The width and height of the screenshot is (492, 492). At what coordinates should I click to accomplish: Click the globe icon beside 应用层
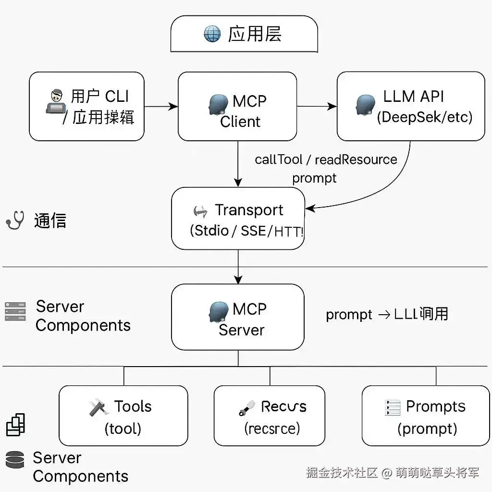212,35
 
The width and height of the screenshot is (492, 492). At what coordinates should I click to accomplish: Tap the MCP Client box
237,107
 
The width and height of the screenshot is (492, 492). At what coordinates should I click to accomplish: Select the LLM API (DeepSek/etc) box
410,106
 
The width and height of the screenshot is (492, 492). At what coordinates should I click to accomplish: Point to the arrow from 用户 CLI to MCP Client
161,106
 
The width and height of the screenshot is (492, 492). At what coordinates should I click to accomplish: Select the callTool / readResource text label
326,160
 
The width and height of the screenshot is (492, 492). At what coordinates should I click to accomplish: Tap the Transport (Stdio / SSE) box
238,219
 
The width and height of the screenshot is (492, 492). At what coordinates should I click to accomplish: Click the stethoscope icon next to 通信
15,221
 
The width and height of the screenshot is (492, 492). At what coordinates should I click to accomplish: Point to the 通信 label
50,221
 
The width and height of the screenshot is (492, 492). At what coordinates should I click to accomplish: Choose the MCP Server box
238,317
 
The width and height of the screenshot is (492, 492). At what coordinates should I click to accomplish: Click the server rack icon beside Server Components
15,311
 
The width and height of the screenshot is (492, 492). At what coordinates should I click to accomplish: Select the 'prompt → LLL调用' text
387,314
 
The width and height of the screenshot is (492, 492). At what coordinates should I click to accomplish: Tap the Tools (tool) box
123,416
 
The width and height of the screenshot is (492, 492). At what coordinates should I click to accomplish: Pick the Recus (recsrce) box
269,416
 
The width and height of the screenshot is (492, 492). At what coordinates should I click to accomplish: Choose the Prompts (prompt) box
425,416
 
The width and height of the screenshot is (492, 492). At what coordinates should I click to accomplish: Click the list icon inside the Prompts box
393,408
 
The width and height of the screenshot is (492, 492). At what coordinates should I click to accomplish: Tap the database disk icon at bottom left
15,459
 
